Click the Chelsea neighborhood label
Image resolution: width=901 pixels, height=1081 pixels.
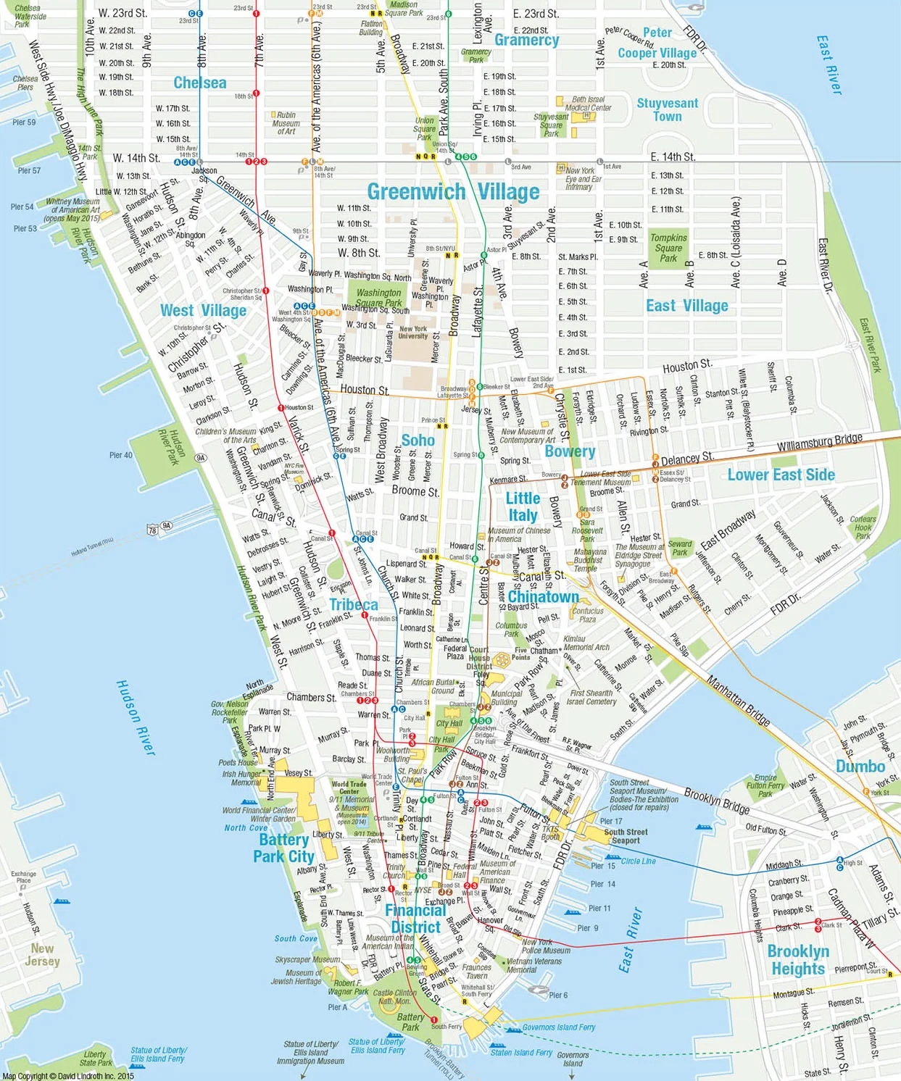pyautogui.click(x=199, y=83)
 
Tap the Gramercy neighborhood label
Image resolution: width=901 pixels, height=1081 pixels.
pyautogui.click(x=526, y=41)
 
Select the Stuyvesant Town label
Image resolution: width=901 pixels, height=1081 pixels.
pyautogui.click(x=667, y=110)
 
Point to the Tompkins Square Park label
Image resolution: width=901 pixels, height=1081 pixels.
pyautogui.click(x=668, y=248)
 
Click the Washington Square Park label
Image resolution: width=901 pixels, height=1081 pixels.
pyautogui.click(x=378, y=298)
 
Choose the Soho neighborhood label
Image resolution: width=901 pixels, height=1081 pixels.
pyautogui.click(x=418, y=441)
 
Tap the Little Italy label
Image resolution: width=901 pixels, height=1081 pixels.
pyautogui.click(x=523, y=506)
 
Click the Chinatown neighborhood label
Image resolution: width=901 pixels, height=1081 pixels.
pyautogui.click(x=543, y=597)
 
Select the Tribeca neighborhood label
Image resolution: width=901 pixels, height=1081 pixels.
pyautogui.click(x=353, y=605)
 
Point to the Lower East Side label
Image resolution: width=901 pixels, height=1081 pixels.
pyautogui.click(x=781, y=475)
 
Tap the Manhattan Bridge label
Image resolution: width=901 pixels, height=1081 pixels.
pyautogui.click(x=738, y=701)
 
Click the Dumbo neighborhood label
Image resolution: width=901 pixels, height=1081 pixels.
pyautogui.click(x=860, y=767)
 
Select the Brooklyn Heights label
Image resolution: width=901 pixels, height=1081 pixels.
pyautogui.click(x=797, y=960)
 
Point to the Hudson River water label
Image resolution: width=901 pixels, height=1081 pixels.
pyautogui.click(x=136, y=717)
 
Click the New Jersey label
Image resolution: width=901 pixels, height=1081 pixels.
pyautogui.click(x=42, y=955)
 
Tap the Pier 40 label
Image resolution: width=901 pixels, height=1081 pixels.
pyautogui.click(x=120, y=455)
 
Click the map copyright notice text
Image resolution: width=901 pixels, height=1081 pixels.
pyautogui.click(x=68, y=1076)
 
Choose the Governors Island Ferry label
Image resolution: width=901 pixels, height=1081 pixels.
pyautogui.click(x=558, y=1027)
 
